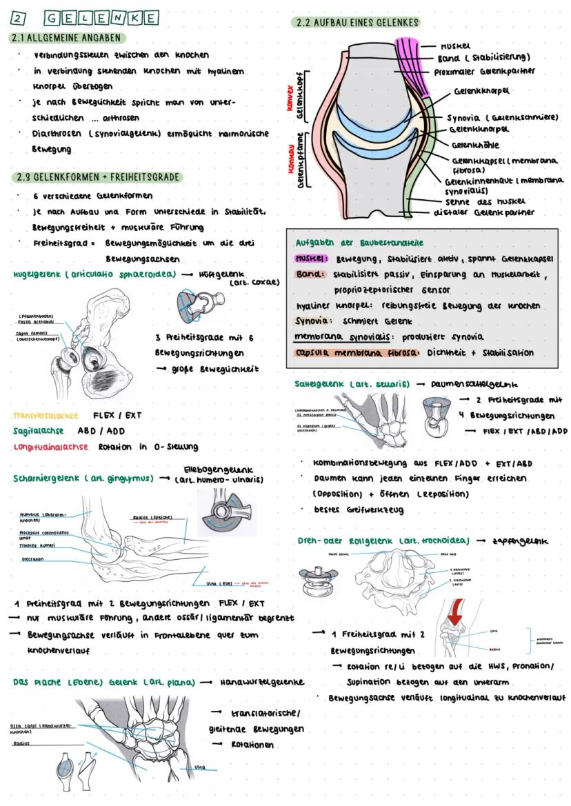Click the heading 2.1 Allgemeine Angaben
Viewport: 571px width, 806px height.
pyautogui.click(x=67, y=37)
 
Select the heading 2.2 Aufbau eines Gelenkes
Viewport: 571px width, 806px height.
pyautogui.click(x=357, y=23)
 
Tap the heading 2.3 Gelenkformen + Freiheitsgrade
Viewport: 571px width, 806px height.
pyautogui.click(x=97, y=177)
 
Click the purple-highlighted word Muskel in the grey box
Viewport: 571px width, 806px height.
pyautogui.click(x=310, y=259)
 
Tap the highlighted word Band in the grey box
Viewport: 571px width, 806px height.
pyautogui.click(x=308, y=274)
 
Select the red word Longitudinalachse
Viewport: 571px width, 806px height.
pyautogui.click(x=50, y=447)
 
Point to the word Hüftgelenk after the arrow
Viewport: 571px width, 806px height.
pyautogui.click(x=222, y=274)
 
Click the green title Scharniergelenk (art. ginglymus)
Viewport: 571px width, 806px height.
pyautogui.click(x=83, y=478)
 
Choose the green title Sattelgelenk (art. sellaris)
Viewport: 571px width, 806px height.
pyautogui.click(x=352, y=383)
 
